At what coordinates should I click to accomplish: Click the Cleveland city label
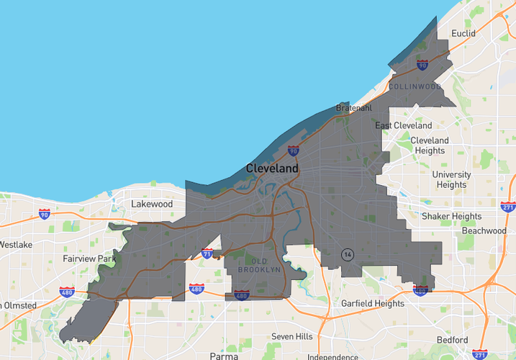272,168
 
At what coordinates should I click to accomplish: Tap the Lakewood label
152,204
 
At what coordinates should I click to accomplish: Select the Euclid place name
463,34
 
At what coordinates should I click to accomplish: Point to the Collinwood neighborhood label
415,86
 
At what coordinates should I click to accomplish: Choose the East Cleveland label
404,125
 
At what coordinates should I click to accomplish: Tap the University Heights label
451,179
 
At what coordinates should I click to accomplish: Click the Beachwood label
484,231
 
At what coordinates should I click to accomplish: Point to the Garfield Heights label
373,303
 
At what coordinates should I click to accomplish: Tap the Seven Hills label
292,336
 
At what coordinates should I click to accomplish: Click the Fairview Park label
89,258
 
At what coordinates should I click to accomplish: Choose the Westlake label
15,245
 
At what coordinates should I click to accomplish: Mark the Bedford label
452,340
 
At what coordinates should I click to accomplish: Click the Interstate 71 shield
207,253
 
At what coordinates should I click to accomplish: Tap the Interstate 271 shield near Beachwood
507,207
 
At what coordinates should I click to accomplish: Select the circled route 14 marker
348,255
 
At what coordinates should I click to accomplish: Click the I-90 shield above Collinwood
422,66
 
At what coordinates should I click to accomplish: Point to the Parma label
224,356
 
